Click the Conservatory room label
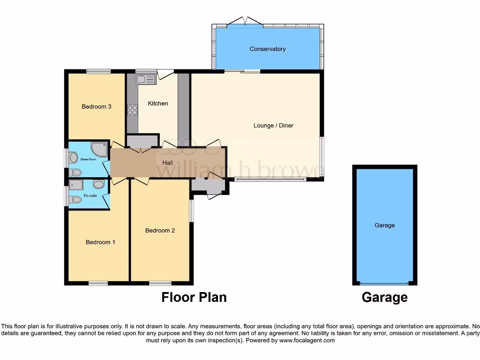point(268,49)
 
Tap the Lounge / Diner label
point(273,125)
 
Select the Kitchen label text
point(158,103)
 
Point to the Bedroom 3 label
point(97,106)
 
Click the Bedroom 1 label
point(100,242)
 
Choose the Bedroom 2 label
point(160,230)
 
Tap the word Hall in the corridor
point(167,163)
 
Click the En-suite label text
point(90,195)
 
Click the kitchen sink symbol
point(145,80)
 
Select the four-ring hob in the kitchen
point(133,110)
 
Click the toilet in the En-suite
point(75,200)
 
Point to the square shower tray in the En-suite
point(76,184)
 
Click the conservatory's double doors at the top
point(245,21)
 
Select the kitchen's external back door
point(165,74)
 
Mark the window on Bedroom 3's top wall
point(98,71)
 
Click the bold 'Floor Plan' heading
point(194,297)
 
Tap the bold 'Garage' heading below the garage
point(384,297)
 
